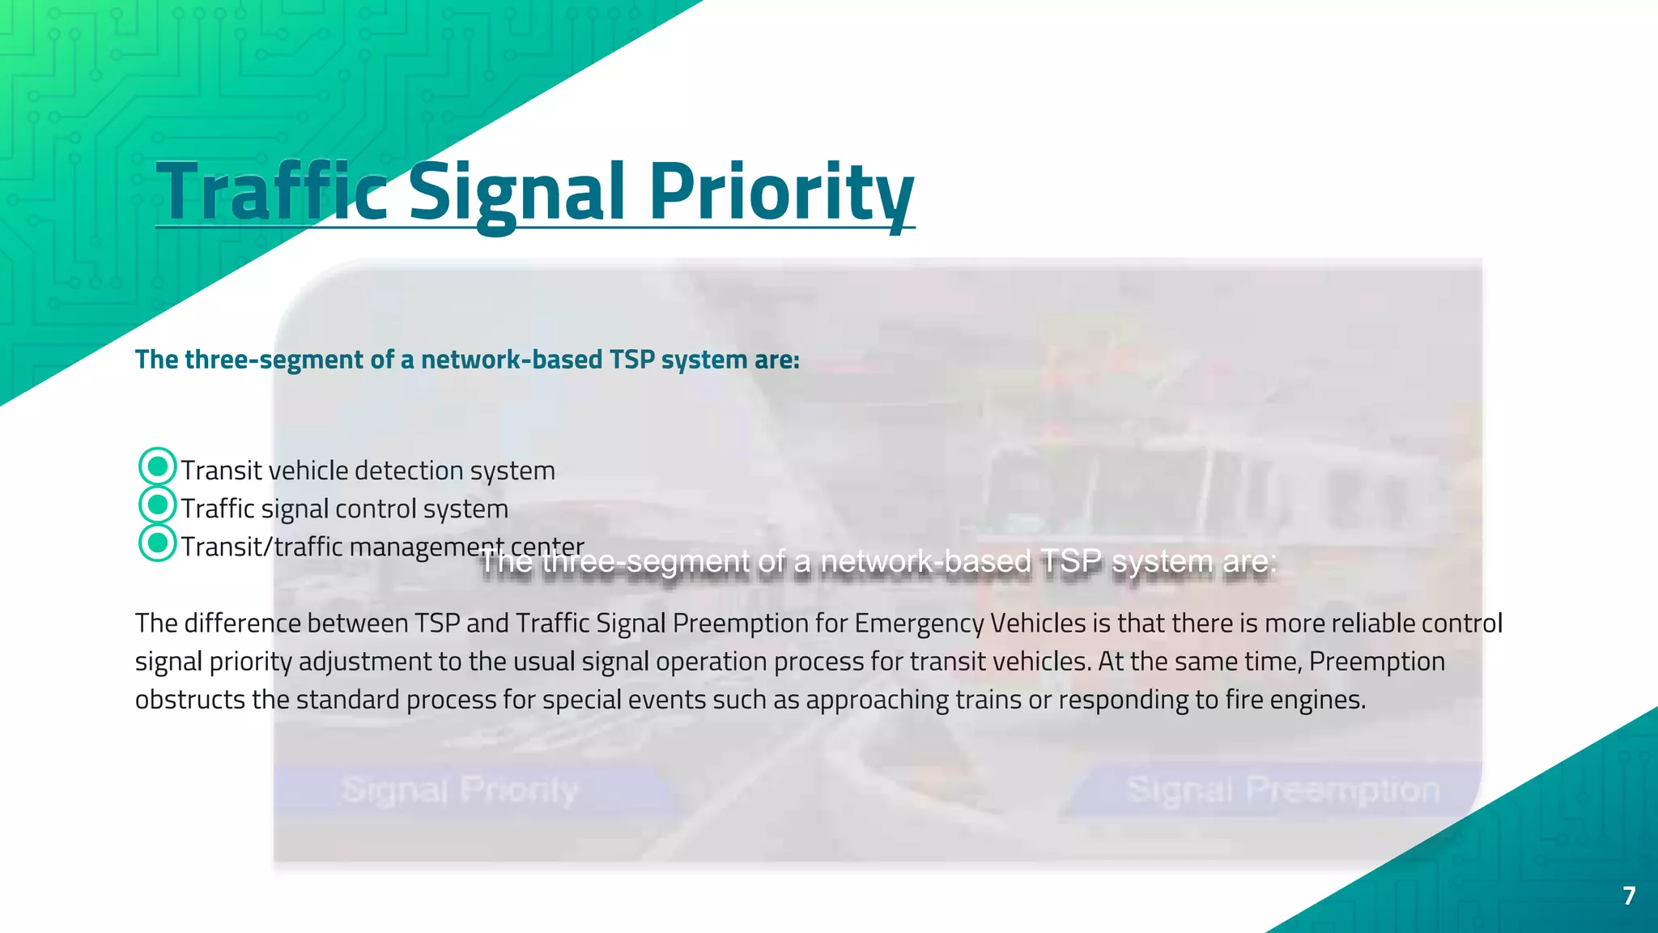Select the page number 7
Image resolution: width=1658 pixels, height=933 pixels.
click(x=1629, y=896)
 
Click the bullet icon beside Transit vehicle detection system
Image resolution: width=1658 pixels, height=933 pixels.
click(x=158, y=467)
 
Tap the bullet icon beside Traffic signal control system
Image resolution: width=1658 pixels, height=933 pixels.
click(x=158, y=505)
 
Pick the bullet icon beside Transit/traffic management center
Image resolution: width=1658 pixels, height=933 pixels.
click(x=158, y=543)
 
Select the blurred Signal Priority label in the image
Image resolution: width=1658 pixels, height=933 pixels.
click(x=460, y=790)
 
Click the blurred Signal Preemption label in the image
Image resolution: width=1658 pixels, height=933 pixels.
click(x=1282, y=790)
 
